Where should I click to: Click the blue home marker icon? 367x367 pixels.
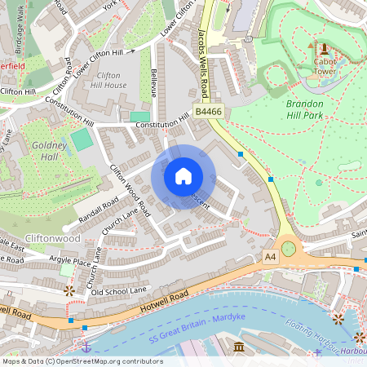click(x=183, y=176)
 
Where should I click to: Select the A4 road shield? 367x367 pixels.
click(x=271, y=256)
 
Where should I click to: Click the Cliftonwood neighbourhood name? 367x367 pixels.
click(x=53, y=238)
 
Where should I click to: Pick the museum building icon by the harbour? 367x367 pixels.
click(x=239, y=347)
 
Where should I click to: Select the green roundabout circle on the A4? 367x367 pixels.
click(x=289, y=247)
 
